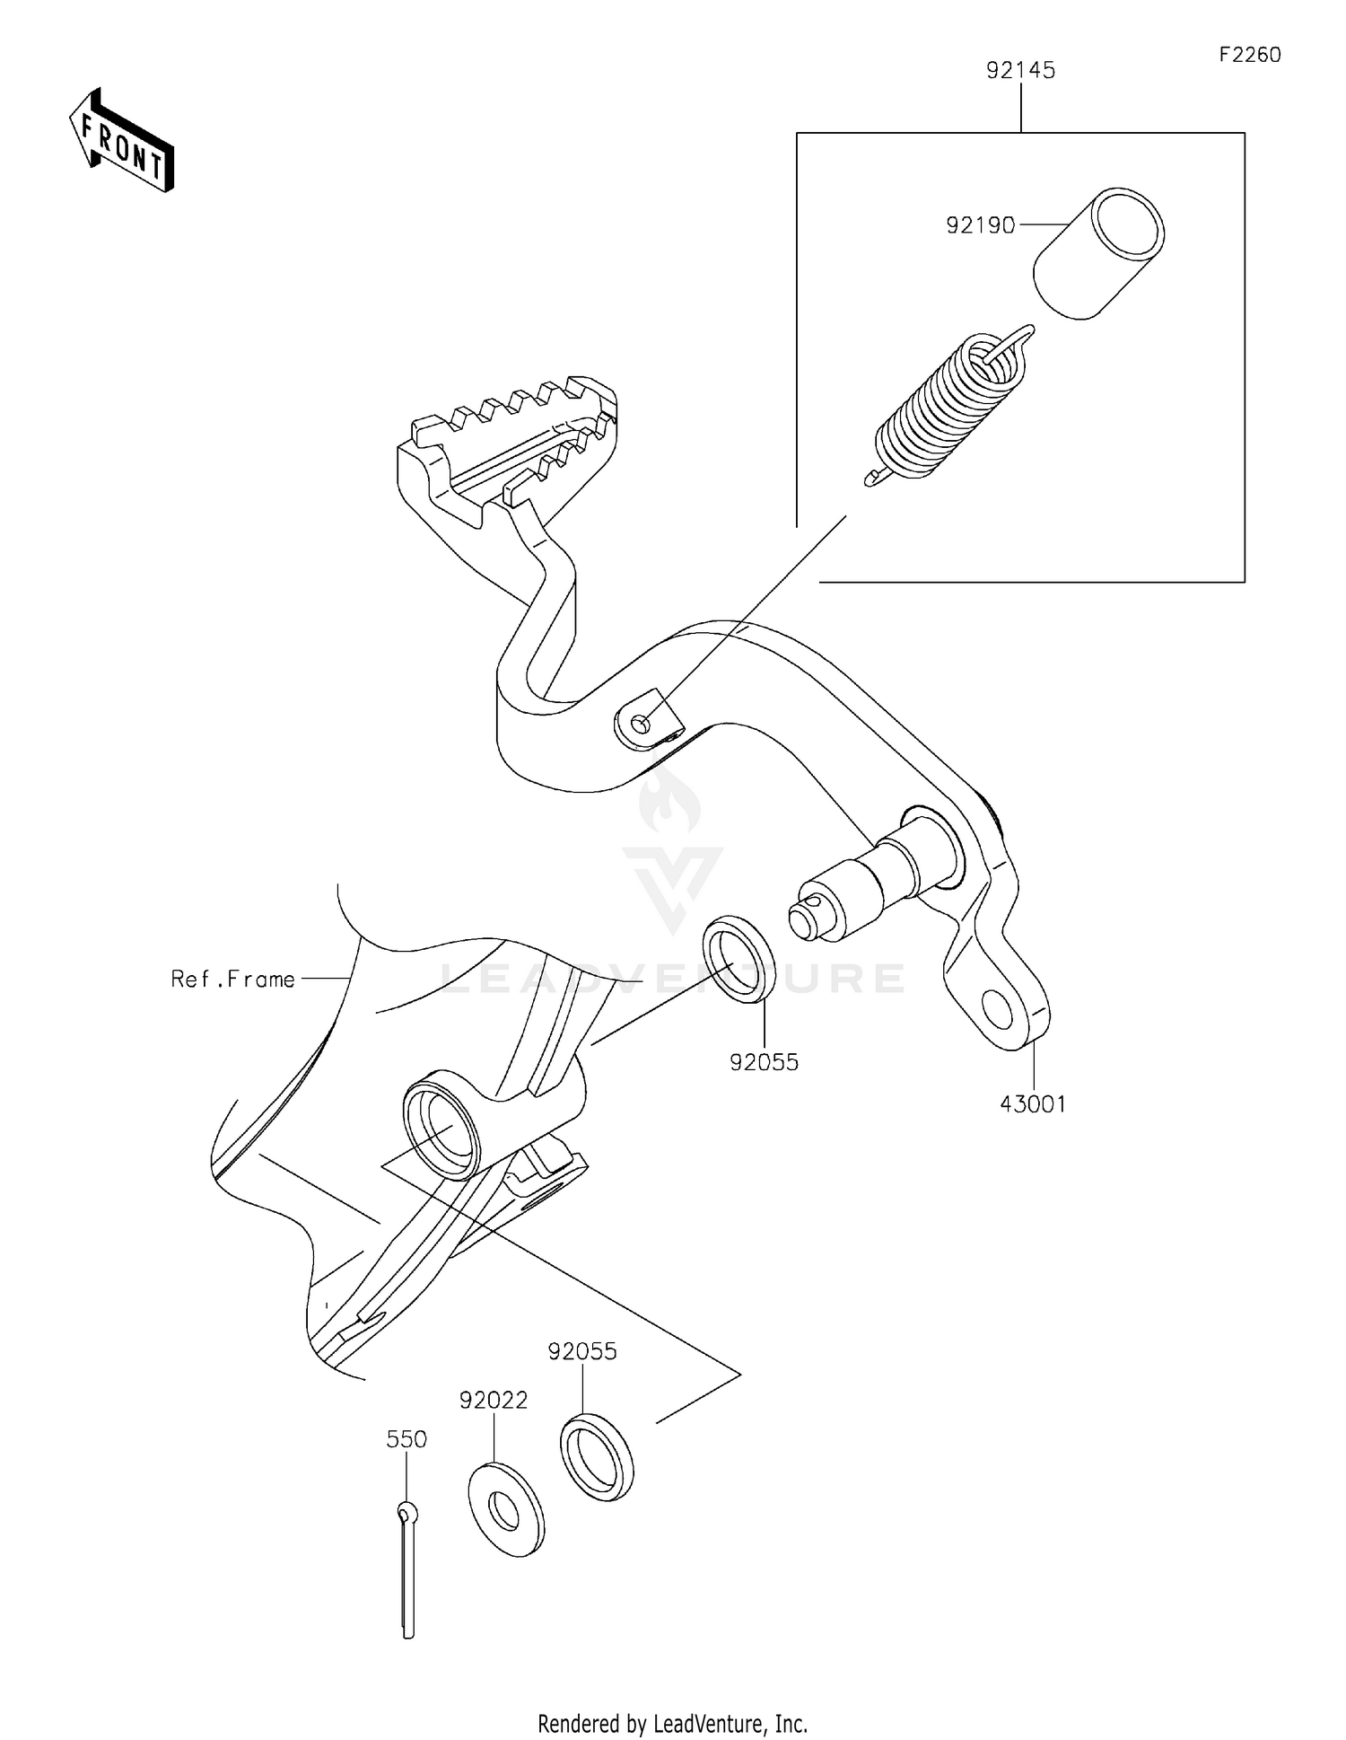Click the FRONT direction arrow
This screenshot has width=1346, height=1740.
[x=121, y=142]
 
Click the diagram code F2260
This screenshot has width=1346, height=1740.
[x=1249, y=55]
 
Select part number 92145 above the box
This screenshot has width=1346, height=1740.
[x=1020, y=70]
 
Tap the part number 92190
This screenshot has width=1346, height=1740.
[x=980, y=225]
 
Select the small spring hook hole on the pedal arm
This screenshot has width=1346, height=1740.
[x=641, y=724]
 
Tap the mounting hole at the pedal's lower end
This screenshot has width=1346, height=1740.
[x=998, y=1008]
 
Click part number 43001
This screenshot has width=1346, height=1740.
[x=1033, y=1104]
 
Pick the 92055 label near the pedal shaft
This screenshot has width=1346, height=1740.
[x=764, y=1062]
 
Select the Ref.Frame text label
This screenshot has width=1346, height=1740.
[x=233, y=979]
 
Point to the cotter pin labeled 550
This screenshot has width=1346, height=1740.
[x=407, y=1571]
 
